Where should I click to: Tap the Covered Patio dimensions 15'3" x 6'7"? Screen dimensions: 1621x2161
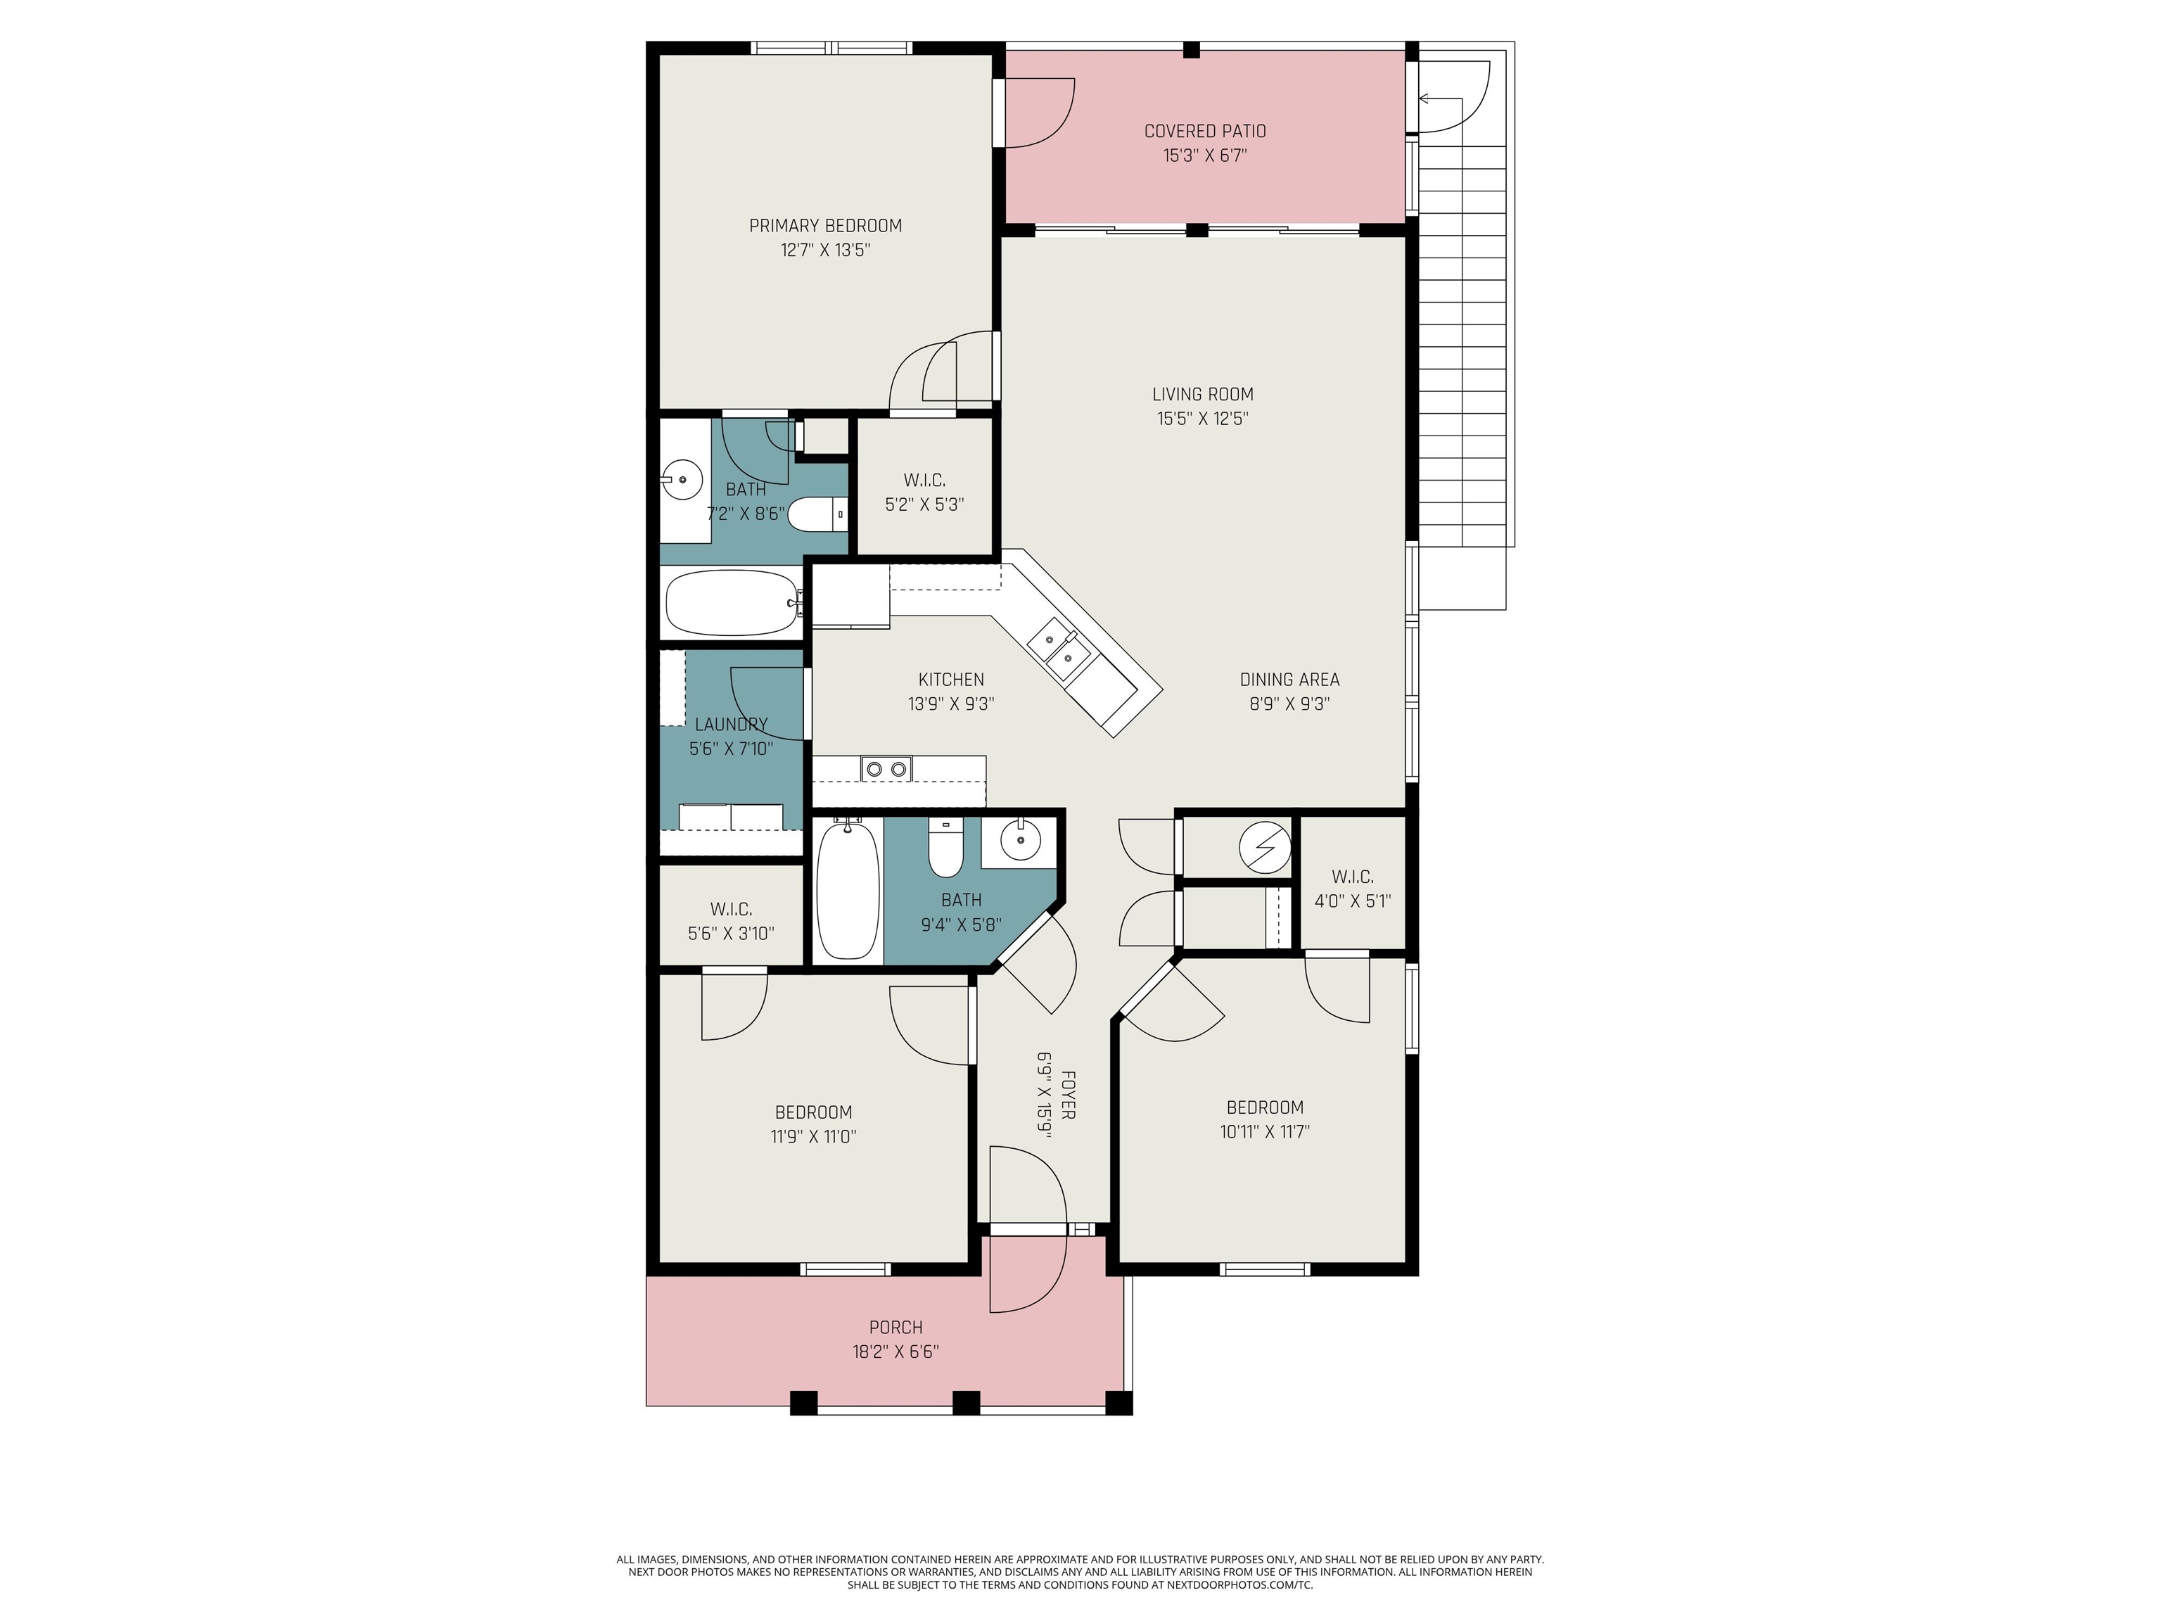point(1204,155)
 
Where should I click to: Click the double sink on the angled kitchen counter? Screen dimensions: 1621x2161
point(1058,649)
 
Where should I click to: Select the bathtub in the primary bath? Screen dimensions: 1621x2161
point(732,603)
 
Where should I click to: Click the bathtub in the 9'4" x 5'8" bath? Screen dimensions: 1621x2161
point(847,889)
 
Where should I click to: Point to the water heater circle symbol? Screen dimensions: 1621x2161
point(1264,847)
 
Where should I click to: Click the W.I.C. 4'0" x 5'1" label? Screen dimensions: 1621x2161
point(1351,877)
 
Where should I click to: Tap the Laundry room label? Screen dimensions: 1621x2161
point(731,724)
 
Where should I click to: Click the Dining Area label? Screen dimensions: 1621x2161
point(1289,679)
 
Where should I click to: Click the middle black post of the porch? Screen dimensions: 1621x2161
point(965,1402)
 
